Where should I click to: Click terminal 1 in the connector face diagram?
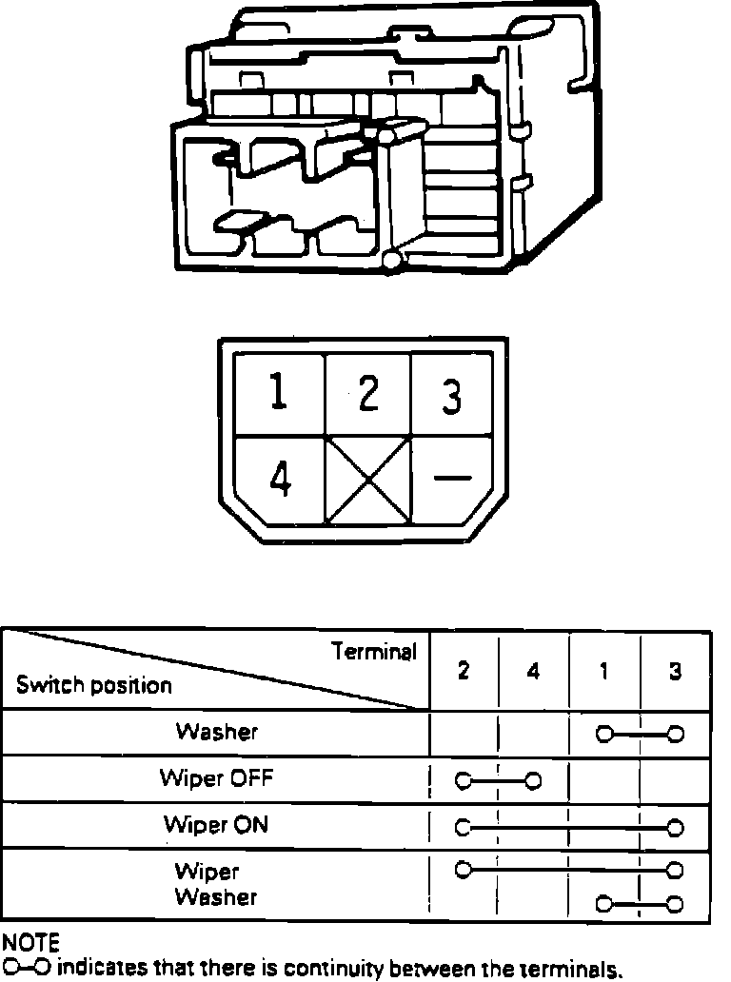[x=277, y=394]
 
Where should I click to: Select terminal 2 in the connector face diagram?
[x=367, y=394]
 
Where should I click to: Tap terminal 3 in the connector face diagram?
[x=452, y=396]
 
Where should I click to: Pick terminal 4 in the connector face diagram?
[x=279, y=481]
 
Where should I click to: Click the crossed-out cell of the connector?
[x=368, y=481]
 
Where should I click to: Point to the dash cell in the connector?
[x=451, y=478]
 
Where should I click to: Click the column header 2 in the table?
[x=464, y=671]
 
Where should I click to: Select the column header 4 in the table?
[x=533, y=672]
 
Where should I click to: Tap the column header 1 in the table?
[x=603, y=672]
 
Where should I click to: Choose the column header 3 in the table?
[x=675, y=672]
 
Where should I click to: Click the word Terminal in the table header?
[x=374, y=652]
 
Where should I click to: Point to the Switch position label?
[x=94, y=685]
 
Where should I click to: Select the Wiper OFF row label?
[x=216, y=778]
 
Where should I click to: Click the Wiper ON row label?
[x=216, y=824]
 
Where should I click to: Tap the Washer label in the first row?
[x=216, y=732]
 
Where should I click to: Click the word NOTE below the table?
[x=30, y=942]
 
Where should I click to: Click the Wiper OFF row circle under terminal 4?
[x=533, y=782]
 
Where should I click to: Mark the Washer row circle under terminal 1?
[x=603, y=735]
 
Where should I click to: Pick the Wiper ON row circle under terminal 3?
[x=675, y=828]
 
